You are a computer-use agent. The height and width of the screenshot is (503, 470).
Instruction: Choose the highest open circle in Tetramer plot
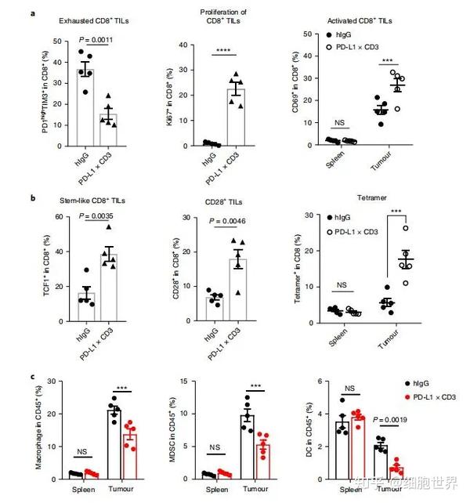[x=405, y=228]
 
